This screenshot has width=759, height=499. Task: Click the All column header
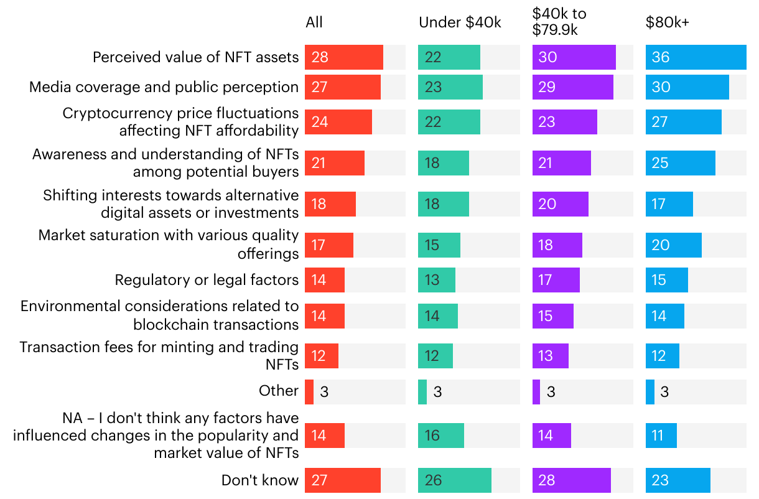[314, 23]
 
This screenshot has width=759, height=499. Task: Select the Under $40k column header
[460, 23]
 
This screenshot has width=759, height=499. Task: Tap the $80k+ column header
[668, 23]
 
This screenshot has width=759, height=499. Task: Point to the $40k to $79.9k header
[559, 21]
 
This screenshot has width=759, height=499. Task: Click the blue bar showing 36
[696, 57]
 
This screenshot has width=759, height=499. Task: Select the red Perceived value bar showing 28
[343, 57]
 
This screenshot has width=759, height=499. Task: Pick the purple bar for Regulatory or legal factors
[556, 280]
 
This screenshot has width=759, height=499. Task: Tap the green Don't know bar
[454, 480]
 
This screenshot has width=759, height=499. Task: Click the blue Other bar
[650, 392]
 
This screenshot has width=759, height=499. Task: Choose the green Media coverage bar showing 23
[450, 87]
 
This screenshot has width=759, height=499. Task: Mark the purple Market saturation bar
[557, 245]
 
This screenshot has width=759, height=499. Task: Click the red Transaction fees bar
[321, 356]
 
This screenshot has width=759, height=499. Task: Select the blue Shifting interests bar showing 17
[669, 204]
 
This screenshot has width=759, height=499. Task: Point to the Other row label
[279, 391]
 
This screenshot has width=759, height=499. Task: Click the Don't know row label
[260, 480]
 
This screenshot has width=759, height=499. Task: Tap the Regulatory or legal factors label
[207, 280]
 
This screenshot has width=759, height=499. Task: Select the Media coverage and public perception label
[164, 87]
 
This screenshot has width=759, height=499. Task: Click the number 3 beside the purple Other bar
[551, 392]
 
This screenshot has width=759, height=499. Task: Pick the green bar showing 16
[440, 436]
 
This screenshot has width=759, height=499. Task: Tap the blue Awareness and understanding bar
[680, 163]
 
